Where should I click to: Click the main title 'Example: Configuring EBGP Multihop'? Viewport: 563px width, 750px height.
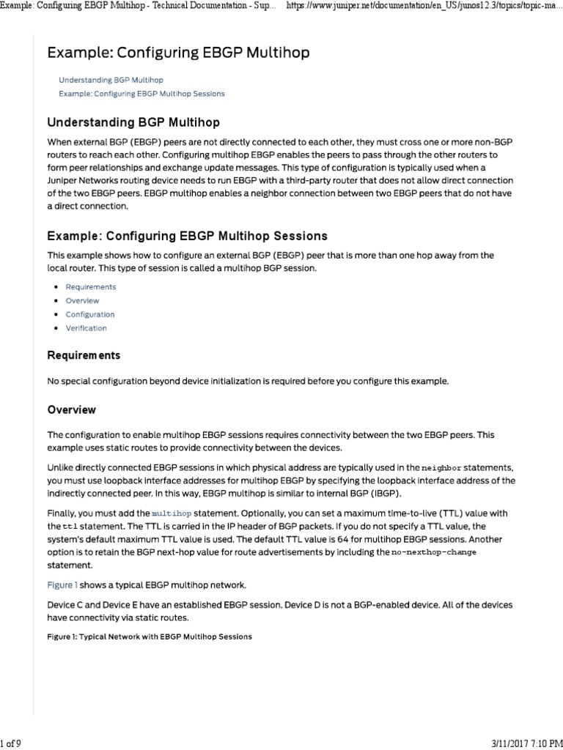pos(178,53)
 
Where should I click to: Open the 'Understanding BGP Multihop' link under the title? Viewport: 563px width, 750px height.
pos(111,79)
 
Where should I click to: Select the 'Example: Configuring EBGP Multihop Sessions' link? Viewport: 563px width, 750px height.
pos(141,94)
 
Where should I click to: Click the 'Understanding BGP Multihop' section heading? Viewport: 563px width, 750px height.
pos(133,122)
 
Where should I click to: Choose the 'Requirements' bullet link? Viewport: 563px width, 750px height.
pos(90,287)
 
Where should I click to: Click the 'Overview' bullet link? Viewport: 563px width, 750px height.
pos(82,301)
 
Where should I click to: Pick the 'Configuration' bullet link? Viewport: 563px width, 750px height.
pos(89,315)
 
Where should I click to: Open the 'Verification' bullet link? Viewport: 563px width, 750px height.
pos(86,329)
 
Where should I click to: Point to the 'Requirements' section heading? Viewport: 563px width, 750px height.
pos(84,355)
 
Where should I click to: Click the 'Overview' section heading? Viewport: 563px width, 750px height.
pos(71,409)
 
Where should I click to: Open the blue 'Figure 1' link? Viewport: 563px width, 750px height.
pos(62,585)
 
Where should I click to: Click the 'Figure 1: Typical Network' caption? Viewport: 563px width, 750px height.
pos(149,636)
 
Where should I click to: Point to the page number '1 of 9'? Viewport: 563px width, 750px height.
pos(11,743)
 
